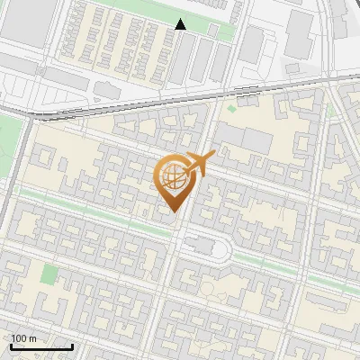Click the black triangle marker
pos(181,25)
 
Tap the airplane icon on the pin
pos(200,163)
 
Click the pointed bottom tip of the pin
pos(174,211)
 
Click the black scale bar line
pos(41,346)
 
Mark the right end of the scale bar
pos(72,346)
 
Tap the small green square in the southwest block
pos(49,274)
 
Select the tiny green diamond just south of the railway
pos(231,109)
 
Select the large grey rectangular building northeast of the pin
pos(244,139)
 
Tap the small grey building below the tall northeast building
pos(293,67)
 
